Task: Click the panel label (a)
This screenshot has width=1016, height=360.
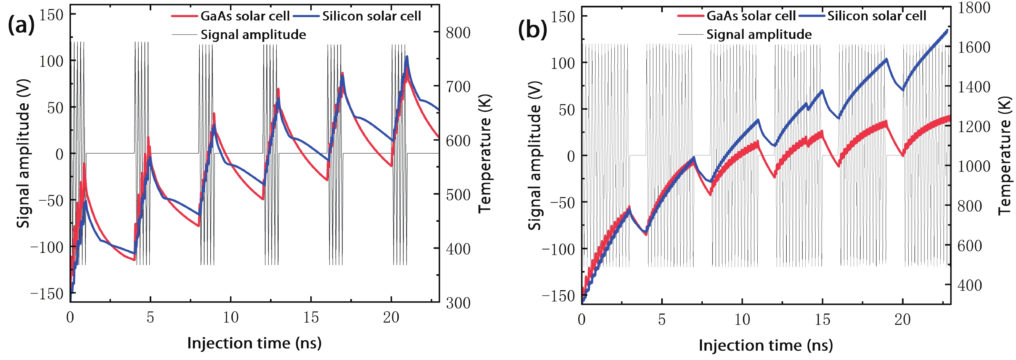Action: [21, 26]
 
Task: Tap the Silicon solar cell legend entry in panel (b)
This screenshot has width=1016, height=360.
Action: [876, 16]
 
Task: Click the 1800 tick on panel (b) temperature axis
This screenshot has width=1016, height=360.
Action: [974, 7]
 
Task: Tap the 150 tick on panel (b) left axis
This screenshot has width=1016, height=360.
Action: [563, 16]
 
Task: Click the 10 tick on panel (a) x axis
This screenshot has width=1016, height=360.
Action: [230, 317]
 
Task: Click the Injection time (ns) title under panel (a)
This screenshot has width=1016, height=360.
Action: [254, 343]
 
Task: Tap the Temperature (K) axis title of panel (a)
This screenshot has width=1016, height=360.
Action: [485, 154]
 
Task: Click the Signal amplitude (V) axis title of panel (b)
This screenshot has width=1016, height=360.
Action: [535, 156]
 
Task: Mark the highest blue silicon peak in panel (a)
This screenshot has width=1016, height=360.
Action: [407, 57]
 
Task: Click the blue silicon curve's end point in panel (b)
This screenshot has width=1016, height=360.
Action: [947, 30]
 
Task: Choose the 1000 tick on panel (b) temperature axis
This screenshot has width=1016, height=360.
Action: [974, 166]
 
